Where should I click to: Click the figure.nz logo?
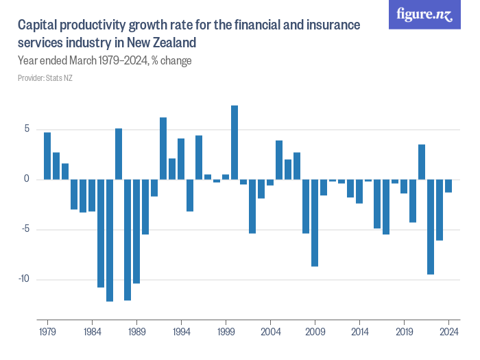coord(424,15)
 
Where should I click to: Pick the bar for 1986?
coord(110,240)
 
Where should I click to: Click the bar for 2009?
coord(315,223)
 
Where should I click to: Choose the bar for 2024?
coord(448,186)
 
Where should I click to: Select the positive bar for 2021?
coord(422,162)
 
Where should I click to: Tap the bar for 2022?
coord(431,227)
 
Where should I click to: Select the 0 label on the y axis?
coord(28,179)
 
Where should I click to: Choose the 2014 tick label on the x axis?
coord(359,329)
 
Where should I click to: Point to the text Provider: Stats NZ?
coord(45,78)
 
